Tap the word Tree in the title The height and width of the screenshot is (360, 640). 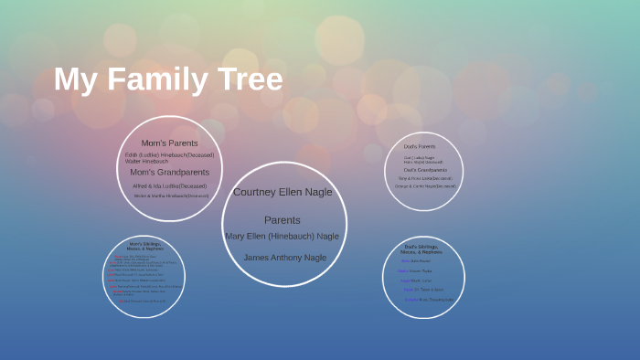[249, 79]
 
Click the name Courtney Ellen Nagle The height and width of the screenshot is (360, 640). [283, 192]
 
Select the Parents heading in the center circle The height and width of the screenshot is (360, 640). [283, 220]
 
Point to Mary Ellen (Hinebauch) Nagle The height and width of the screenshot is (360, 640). [283, 236]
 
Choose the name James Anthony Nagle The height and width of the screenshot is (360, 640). [284, 258]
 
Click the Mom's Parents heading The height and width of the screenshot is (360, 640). [169, 143]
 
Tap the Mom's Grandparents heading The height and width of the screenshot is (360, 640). [169, 172]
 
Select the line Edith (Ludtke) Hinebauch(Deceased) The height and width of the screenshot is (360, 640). [170, 154]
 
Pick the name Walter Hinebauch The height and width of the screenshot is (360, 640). [146, 161]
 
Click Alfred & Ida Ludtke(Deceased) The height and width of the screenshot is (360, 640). [169, 185]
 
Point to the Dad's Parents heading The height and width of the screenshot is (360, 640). [420, 146]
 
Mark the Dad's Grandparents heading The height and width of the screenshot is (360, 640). [425, 170]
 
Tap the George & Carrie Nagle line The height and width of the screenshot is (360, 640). [424, 186]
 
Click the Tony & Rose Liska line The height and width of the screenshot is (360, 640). [425, 178]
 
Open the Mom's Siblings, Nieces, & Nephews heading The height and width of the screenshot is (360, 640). [145, 246]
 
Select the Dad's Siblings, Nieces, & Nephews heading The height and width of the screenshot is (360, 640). [421, 249]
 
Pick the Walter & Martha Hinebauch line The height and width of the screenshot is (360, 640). [171, 196]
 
